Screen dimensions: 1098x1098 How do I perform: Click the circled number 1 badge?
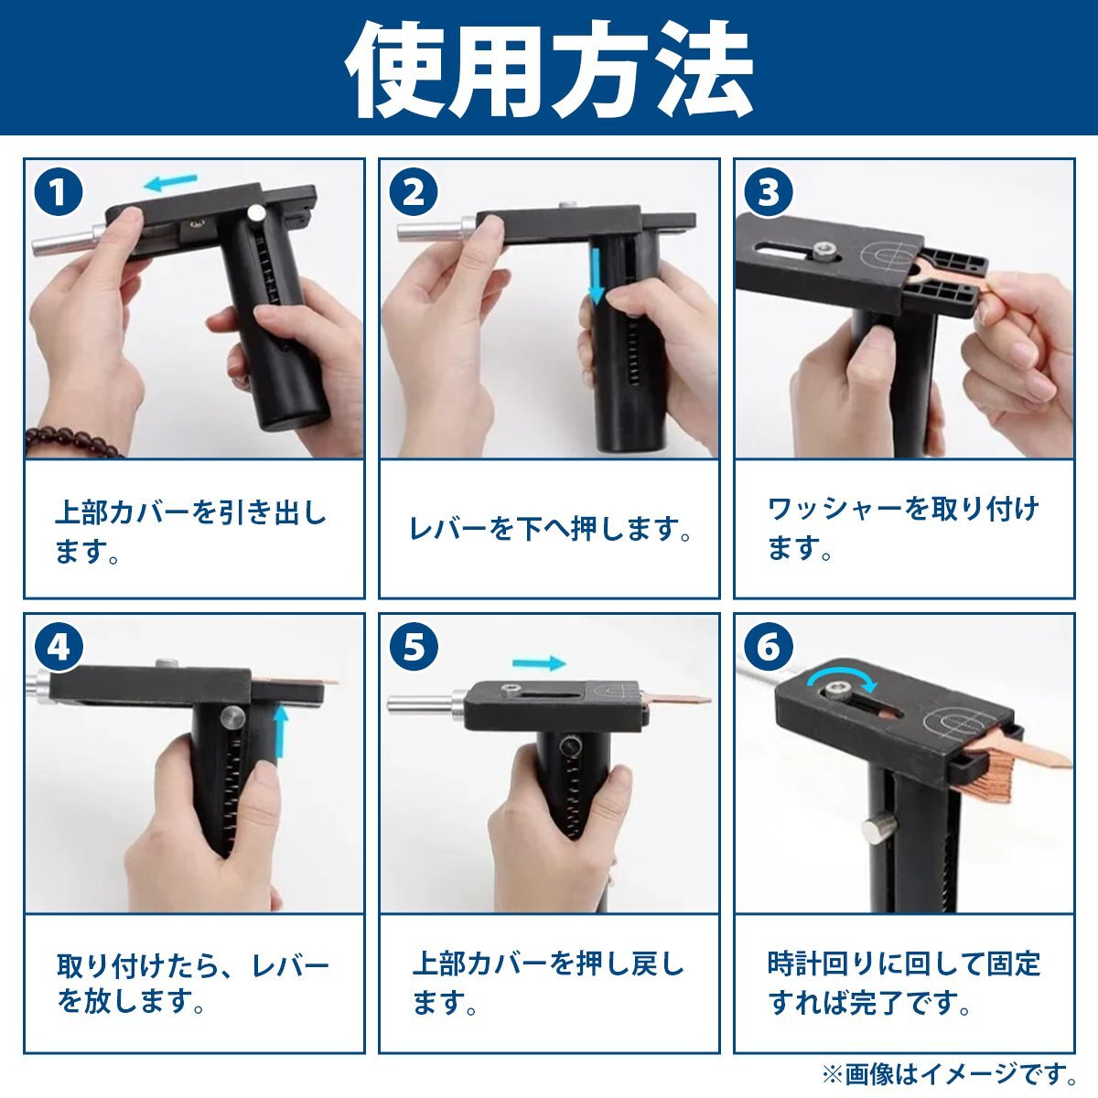(x=59, y=192)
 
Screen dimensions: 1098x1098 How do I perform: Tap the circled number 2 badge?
(x=414, y=192)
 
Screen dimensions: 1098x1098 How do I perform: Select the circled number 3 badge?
(x=769, y=192)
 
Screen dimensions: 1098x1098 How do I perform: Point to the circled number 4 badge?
(x=59, y=648)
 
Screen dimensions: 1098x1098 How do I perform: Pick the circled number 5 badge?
(x=414, y=648)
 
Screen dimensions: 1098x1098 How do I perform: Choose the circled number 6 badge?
(x=769, y=648)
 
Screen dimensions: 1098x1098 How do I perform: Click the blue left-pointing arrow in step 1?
(x=170, y=182)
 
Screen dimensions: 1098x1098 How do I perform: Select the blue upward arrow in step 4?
(x=280, y=730)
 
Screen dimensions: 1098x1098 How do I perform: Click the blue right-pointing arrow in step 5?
(x=539, y=662)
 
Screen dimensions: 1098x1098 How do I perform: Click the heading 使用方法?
(x=549, y=70)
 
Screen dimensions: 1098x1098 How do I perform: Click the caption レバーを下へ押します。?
(x=551, y=529)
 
